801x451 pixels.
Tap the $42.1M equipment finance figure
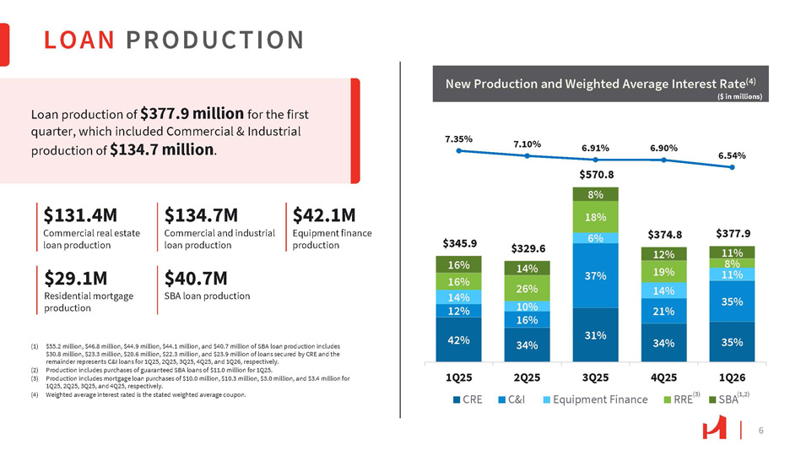point(323,215)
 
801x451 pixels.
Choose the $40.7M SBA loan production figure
point(198,279)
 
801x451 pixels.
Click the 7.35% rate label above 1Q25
point(458,137)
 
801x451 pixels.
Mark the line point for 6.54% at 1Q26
point(733,167)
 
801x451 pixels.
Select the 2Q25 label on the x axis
point(528,372)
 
